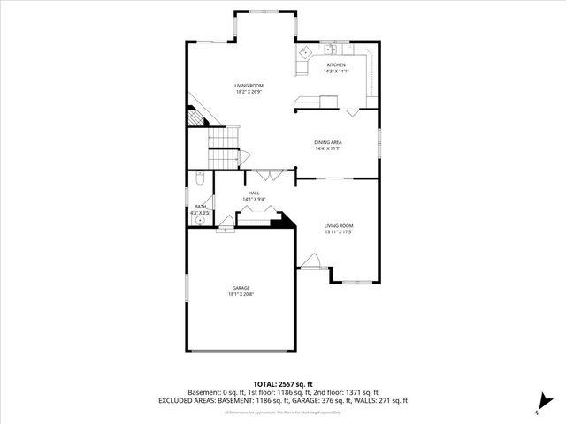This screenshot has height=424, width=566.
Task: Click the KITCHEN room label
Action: point(336,64)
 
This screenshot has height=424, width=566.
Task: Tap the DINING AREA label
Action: point(328,142)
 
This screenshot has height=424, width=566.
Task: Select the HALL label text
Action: point(254,193)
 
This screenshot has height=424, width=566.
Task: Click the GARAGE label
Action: point(241,288)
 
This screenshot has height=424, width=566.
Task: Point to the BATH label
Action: point(200,207)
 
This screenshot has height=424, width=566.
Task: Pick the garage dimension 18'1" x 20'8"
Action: point(241,294)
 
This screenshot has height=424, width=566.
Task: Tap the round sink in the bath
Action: point(201,222)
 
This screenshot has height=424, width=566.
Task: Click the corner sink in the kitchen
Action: point(303,53)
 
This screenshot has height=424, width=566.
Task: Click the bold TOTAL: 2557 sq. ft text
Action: point(282,384)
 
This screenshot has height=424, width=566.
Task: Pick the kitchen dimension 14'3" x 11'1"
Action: point(336,71)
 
